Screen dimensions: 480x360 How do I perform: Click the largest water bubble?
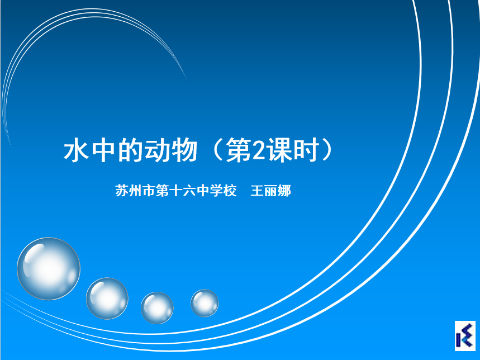pos(49,269)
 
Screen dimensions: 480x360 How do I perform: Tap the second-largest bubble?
pos(107,299)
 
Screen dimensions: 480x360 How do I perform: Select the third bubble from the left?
pos(157,308)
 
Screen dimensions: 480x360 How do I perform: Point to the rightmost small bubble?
pos(205,303)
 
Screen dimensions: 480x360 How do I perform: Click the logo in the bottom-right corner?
pos(465,335)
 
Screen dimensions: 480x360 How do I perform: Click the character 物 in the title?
pos(184,150)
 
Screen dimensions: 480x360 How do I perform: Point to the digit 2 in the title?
pos(259,150)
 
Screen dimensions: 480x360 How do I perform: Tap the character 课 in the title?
pos(279,150)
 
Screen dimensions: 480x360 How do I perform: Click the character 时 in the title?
pos(306,150)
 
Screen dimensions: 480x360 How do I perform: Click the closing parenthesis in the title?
pos(327,150)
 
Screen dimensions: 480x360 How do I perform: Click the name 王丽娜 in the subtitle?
pos(270,191)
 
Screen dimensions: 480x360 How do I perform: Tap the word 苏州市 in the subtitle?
pos(135,191)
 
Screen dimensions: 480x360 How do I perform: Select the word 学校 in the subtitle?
pos(223,191)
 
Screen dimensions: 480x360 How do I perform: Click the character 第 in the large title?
pos(239,150)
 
